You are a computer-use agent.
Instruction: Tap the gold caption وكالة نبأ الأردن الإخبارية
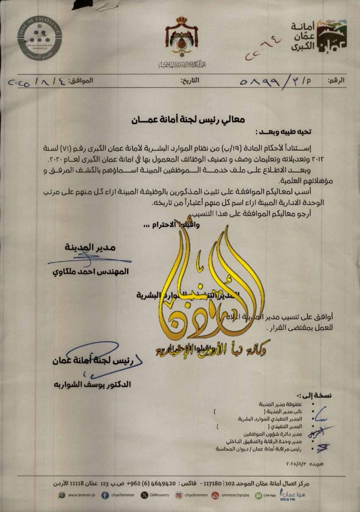pos(211,351)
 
